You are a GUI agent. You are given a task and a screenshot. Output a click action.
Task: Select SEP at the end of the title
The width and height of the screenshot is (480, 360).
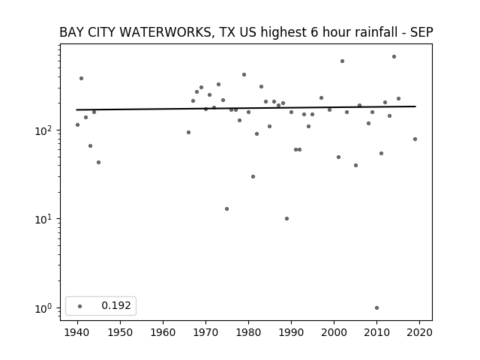click(421, 32)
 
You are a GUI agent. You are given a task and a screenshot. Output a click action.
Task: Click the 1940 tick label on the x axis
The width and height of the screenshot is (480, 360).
click(77, 332)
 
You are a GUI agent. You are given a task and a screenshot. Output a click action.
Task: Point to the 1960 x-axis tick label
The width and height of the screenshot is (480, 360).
click(163, 332)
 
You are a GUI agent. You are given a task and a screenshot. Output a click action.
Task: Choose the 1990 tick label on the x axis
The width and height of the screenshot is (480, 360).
click(291, 332)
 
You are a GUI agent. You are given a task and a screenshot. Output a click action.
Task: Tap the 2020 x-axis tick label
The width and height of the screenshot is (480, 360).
click(419, 332)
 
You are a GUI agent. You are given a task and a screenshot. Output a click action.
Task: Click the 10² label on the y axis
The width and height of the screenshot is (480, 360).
click(45, 130)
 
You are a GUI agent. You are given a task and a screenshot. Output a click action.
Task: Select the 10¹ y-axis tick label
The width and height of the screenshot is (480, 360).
click(45, 219)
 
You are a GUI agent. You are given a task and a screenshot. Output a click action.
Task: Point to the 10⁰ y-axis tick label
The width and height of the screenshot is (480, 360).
click(45, 308)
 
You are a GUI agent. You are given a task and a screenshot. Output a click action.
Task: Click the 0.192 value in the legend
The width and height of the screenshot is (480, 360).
click(116, 305)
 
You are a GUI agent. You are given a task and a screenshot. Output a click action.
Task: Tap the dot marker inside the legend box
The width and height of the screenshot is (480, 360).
click(80, 306)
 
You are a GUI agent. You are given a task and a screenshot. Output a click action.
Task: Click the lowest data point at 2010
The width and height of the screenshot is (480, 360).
click(376, 308)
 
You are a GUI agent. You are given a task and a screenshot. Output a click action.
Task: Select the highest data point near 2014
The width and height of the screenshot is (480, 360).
click(394, 57)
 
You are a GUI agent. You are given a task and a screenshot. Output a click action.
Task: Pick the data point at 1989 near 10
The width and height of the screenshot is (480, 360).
click(286, 218)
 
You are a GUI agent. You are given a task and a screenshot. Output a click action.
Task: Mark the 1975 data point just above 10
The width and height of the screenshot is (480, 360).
click(226, 208)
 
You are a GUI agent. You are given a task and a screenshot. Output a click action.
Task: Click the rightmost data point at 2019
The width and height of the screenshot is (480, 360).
click(415, 139)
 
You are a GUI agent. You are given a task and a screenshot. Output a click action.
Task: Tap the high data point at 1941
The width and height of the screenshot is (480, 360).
click(82, 78)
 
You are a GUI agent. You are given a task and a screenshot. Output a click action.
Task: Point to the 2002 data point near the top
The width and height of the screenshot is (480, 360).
click(342, 61)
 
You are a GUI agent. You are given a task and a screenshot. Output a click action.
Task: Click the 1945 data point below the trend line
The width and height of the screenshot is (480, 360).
click(98, 162)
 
